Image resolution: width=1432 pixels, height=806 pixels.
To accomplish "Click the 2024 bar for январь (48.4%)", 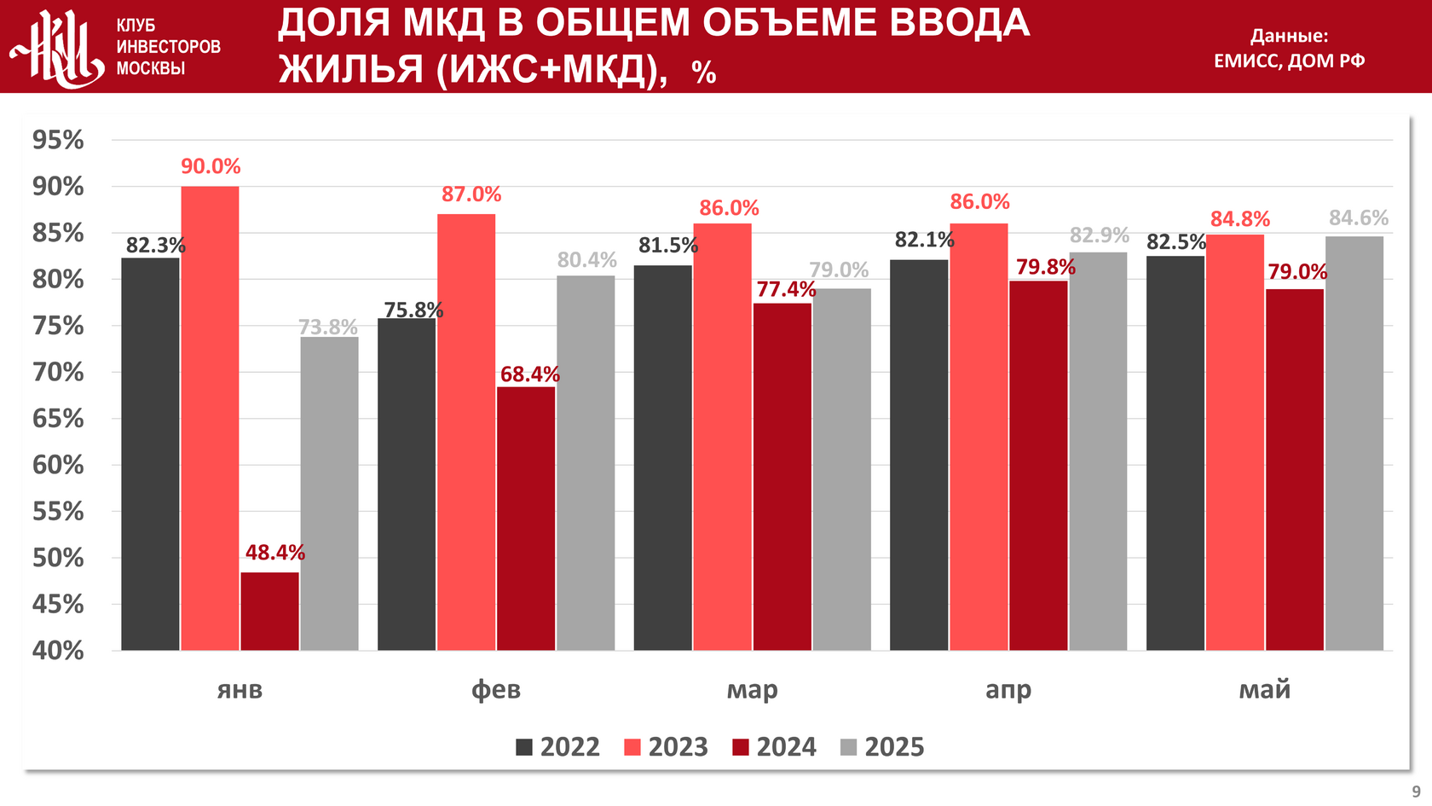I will coord(269,611).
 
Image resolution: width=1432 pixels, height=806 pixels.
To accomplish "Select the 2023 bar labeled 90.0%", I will coord(210,418).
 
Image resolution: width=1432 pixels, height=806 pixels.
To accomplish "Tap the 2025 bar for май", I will coord(1354,444).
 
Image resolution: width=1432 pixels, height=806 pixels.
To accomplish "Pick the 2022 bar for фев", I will coord(407,484).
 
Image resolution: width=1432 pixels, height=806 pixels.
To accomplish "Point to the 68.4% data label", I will coord(529,374).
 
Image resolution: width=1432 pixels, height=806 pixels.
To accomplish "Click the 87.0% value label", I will coord(471,194).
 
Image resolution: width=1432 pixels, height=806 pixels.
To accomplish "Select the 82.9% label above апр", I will coord(1099,235).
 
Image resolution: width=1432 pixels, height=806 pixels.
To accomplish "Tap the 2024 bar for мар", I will coord(782,477).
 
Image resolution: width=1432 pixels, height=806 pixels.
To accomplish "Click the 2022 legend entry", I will coord(558,747).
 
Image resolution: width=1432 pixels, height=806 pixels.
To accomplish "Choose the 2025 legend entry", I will coord(882,747).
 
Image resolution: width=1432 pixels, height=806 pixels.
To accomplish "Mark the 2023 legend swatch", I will coord(632,748).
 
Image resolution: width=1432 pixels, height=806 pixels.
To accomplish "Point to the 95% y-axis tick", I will coord(58,140).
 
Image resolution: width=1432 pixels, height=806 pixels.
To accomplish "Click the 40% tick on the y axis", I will coord(58,651).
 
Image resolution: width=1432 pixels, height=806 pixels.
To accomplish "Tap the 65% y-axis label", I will coord(58,419).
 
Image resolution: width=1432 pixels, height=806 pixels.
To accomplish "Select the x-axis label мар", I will coord(752,689).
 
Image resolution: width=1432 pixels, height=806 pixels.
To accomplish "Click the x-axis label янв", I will coord(240,689).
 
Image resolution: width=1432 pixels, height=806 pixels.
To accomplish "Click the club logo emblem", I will coord(58,47).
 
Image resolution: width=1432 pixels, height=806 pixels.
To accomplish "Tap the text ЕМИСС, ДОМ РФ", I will coord(1289,61).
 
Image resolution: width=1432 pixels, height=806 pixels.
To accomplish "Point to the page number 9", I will coord(1416,792).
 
